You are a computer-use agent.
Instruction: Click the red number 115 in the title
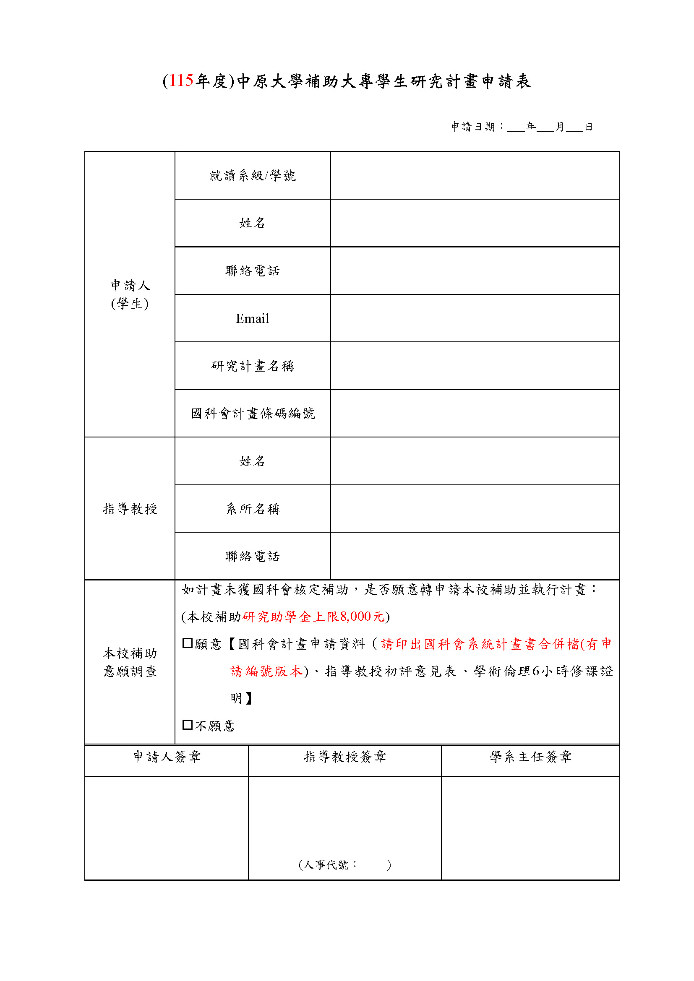181,81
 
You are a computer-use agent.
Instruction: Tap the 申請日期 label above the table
472,127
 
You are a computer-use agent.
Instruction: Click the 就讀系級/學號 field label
252,176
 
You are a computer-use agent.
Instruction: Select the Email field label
252,319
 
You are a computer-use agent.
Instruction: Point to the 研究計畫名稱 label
252,366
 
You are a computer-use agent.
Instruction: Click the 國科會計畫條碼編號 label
252,414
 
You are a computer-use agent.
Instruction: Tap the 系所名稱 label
252,509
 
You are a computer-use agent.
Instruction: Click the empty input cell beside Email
475,319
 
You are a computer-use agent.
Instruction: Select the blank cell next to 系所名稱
475,509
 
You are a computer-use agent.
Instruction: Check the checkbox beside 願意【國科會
187,643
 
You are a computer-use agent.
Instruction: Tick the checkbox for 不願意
187,725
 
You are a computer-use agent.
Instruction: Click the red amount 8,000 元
362,617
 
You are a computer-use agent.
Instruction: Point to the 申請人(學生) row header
130,294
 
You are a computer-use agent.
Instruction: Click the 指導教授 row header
130,509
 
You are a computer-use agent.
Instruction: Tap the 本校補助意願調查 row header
130,662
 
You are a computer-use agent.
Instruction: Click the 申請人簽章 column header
166,757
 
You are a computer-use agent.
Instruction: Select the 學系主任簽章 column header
530,757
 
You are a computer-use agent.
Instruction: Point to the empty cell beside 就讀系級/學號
475,176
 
